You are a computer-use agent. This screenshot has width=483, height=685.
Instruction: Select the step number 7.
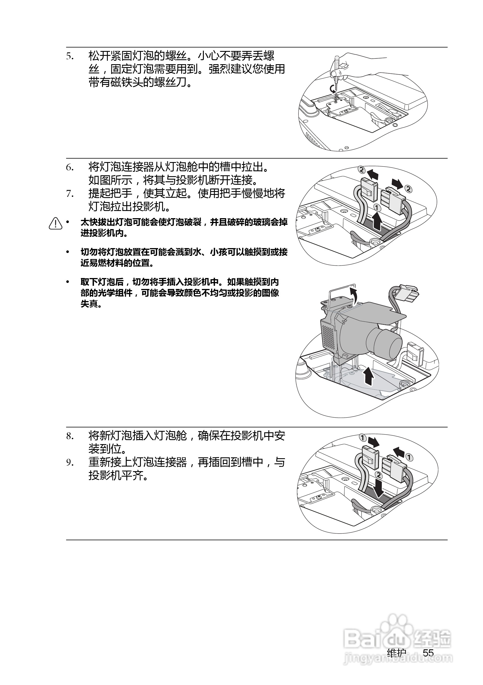tap(70, 194)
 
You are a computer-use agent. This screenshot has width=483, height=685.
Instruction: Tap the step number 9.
tap(70, 463)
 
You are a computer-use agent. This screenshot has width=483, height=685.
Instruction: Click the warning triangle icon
tap(56, 223)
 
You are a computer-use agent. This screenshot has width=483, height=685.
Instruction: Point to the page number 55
tap(428, 653)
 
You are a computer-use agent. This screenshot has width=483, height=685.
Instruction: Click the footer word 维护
tap(396, 653)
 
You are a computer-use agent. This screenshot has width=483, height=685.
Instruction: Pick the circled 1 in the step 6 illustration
tap(377, 207)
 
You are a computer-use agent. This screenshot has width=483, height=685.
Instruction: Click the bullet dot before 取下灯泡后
tap(68, 282)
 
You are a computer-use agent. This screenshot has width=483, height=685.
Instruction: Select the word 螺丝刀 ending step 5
tap(170, 82)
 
